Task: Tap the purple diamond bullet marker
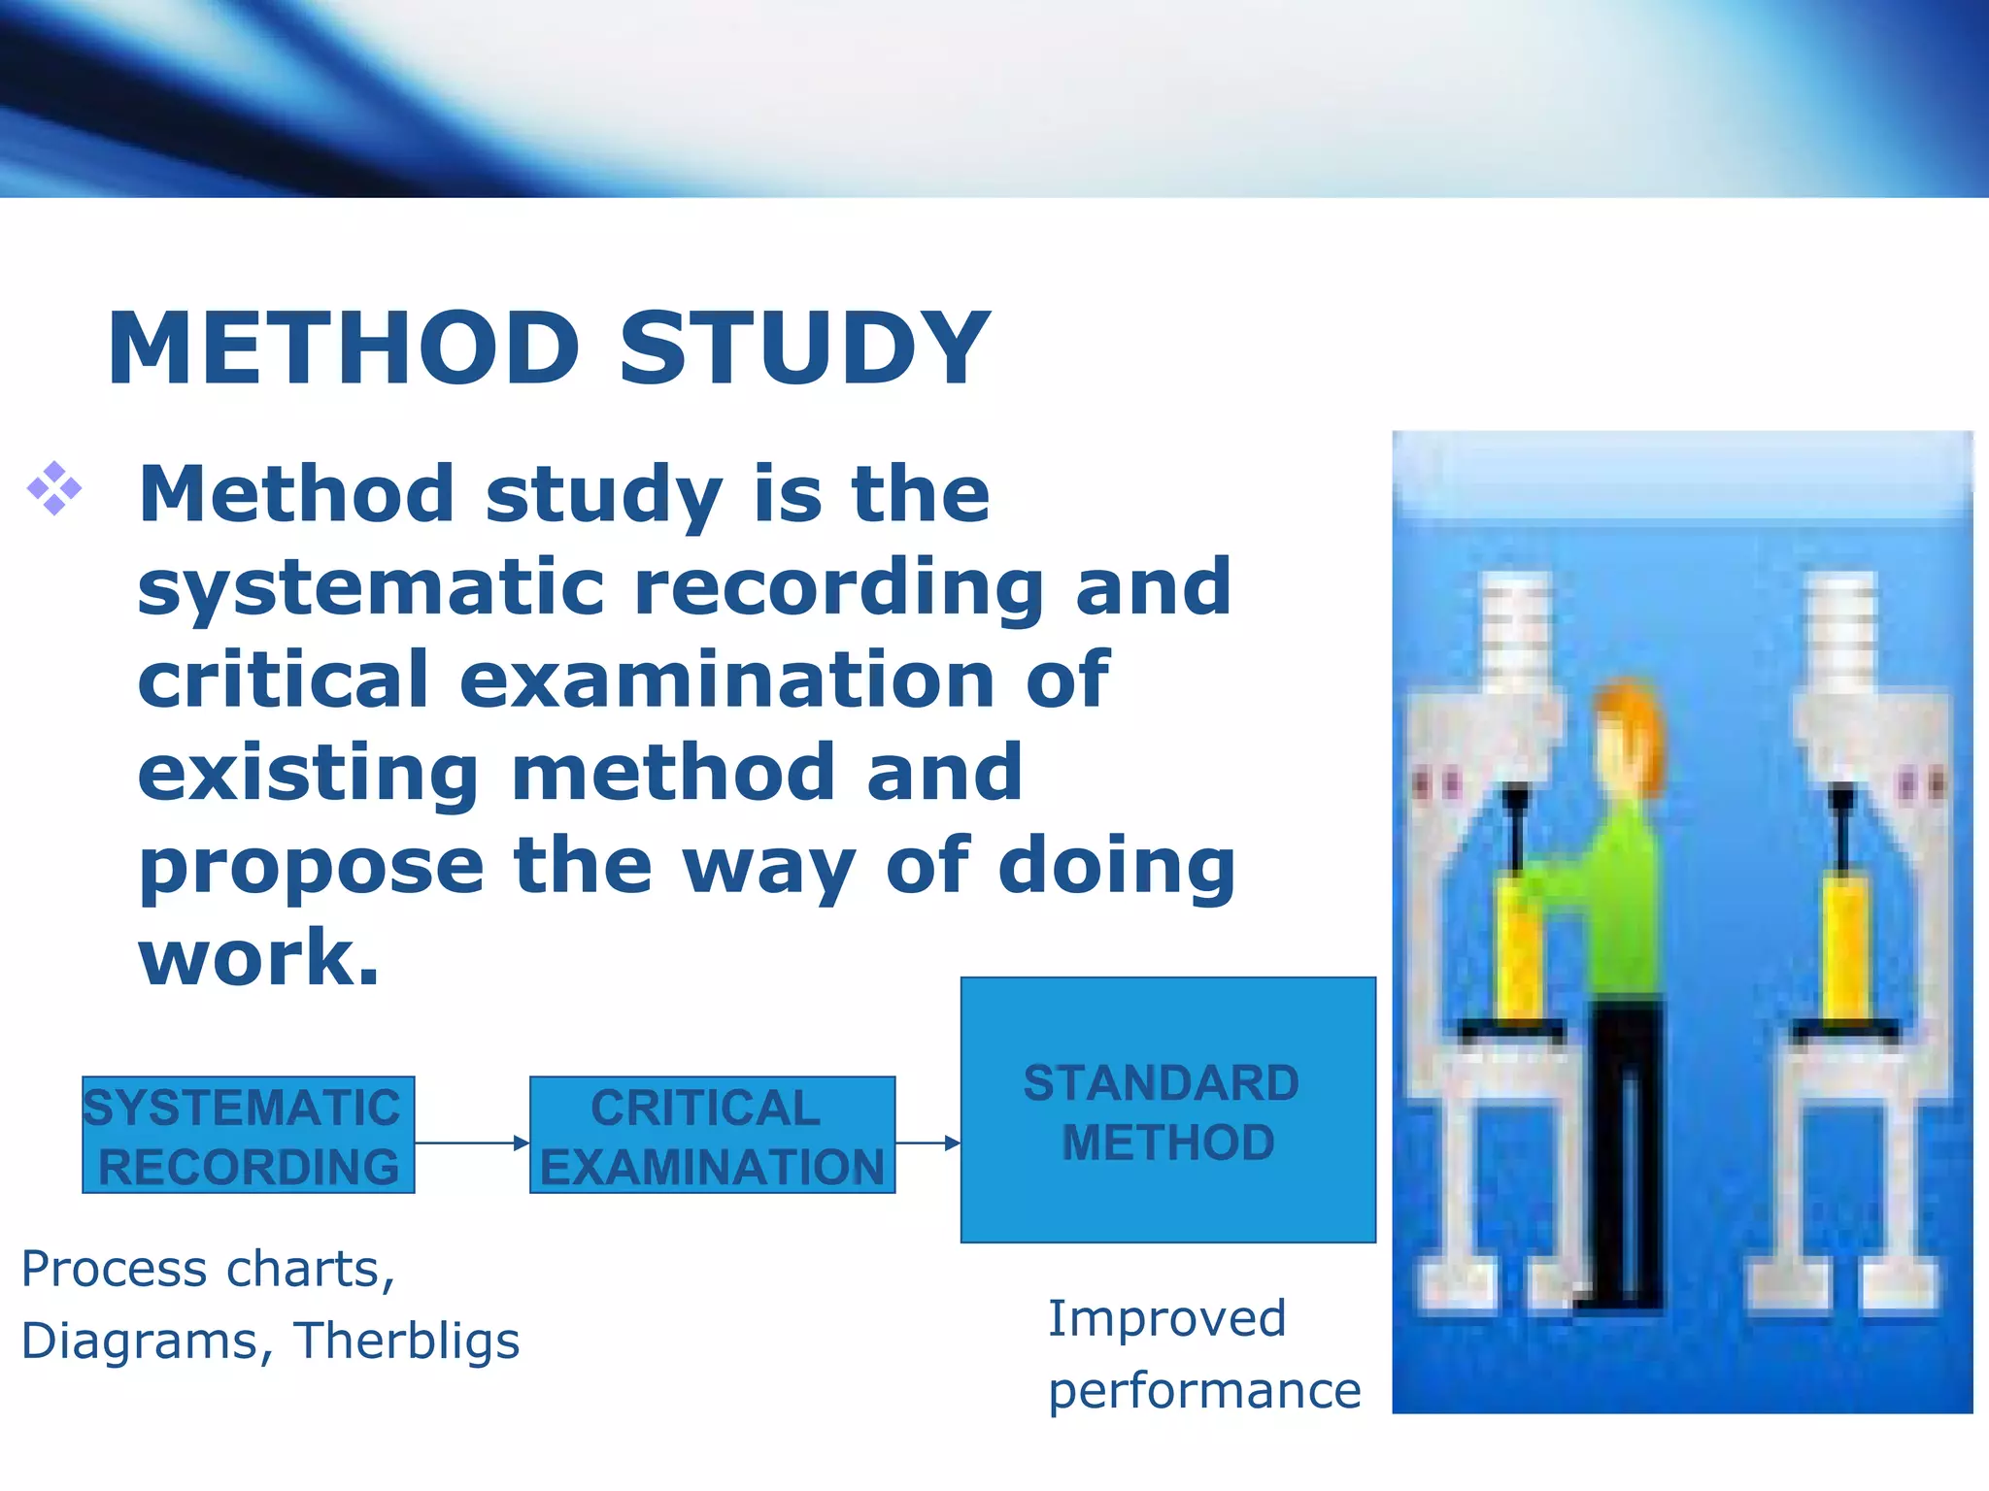pos(54,488)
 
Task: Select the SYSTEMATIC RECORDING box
pos(249,1135)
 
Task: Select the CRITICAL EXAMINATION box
pos(712,1135)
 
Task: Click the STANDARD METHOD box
pos(1167,1110)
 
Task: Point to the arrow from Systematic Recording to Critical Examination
pos(472,1143)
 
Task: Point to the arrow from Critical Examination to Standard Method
pos(927,1143)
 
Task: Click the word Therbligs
pos(407,1342)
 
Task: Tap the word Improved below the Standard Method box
pos(1166,1319)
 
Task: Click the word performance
pos(1204,1391)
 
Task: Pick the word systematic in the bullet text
pos(371,588)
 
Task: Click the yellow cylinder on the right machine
pos(1841,946)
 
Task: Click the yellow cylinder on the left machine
pos(1517,946)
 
